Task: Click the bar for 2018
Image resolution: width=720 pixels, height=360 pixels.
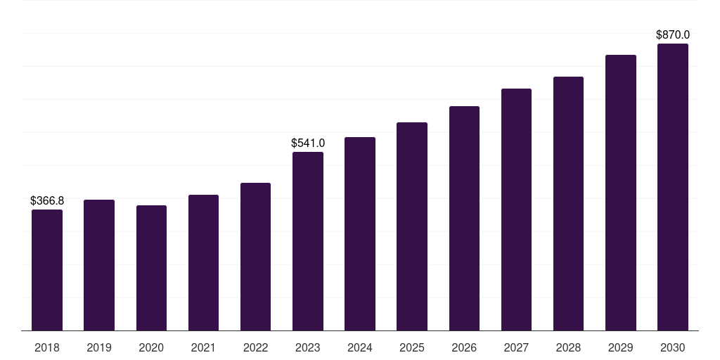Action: tap(47, 270)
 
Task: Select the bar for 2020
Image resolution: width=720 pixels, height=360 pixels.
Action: tap(152, 268)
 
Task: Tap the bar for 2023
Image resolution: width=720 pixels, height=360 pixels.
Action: tap(308, 241)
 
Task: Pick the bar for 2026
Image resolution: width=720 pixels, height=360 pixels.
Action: tap(464, 219)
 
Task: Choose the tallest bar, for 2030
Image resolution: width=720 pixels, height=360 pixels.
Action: tap(673, 187)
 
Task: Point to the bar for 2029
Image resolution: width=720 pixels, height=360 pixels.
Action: tap(621, 193)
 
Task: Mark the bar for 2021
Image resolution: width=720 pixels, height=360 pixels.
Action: tap(203, 263)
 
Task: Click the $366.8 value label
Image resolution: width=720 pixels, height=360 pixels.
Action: tap(47, 200)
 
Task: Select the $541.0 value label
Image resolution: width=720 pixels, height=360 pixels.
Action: tap(308, 143)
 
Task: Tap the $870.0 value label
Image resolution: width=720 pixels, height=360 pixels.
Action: tap(673, 35)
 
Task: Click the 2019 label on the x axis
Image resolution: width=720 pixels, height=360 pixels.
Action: tap(99, 348)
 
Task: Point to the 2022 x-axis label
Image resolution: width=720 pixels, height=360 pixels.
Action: tap(255, 348)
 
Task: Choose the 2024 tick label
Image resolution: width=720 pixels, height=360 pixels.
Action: tap(360, 348)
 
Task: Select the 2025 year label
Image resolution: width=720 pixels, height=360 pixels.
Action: tap(412, 348)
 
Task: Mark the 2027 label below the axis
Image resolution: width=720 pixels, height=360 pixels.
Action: tap(516, 348)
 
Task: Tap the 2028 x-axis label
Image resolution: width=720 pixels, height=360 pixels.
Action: tap(568, 348)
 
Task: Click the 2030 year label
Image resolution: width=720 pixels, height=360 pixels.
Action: tap(673, 348)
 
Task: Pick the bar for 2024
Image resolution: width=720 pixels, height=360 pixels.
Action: tap(360, 233)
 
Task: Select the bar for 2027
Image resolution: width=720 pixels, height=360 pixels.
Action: tap(516, 210)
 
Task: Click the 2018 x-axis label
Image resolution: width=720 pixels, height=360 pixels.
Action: tap(47, 348)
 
